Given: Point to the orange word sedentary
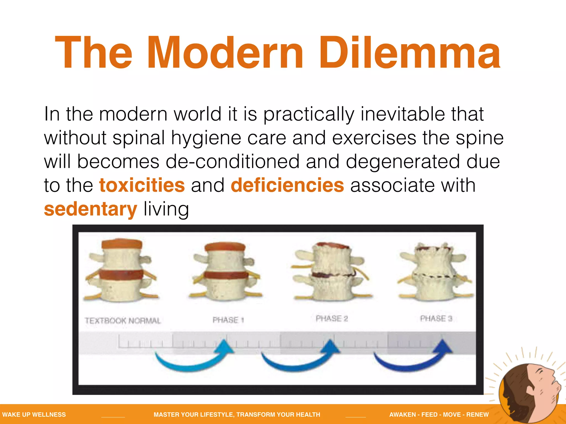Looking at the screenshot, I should [x=90, y=209].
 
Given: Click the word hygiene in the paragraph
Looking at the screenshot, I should [x=206, y=138].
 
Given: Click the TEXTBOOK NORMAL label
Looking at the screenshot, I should [x=122, y=320].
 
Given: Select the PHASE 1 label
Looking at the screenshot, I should [x=228, y=320].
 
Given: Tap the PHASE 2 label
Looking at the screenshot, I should [x=332, y=319].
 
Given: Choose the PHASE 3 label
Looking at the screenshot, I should [x=436, y=319].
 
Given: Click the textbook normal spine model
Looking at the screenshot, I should [x=122, y=271].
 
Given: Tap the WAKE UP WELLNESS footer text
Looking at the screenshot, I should [x=34, y=414].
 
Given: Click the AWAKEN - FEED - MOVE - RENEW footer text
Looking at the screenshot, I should [x=439, y=414].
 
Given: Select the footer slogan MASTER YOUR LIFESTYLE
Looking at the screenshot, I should [x=237, y=414].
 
